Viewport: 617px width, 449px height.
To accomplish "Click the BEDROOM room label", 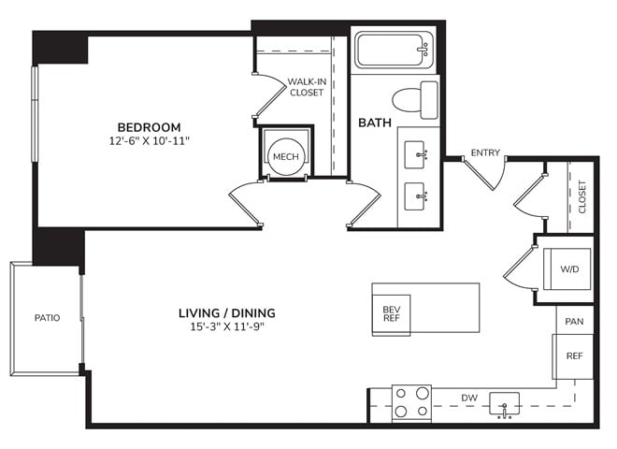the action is (150, 127).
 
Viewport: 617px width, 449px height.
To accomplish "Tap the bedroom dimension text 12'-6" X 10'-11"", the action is (150, 141).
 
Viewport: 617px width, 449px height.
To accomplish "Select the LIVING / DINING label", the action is (227, 313).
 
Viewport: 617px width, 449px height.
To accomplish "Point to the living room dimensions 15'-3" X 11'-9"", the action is (227, 326).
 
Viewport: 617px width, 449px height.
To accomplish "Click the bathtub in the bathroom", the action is (394, 50).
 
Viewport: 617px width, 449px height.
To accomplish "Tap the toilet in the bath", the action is (415, 100).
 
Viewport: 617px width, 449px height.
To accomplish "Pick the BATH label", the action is (375, 123).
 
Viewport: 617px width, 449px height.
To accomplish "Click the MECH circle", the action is (286, 157).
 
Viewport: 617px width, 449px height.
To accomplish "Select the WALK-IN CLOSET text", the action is (307, 87).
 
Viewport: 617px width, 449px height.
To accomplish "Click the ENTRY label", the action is (485, 152).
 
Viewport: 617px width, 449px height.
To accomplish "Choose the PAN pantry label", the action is (574, 322).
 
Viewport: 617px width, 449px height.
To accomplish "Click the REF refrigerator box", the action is (573, 356).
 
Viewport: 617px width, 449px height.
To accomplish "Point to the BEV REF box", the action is (392, 314).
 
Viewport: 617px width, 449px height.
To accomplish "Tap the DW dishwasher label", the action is (469, 398).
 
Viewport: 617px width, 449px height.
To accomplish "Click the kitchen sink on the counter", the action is (504, 404).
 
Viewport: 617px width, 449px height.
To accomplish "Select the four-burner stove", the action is (411, 403).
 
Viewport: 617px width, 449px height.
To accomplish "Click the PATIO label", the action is (48, 318).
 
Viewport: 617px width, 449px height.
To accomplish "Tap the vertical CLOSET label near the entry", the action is (582, 197).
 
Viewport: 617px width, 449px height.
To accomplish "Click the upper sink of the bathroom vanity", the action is (415, 154).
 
